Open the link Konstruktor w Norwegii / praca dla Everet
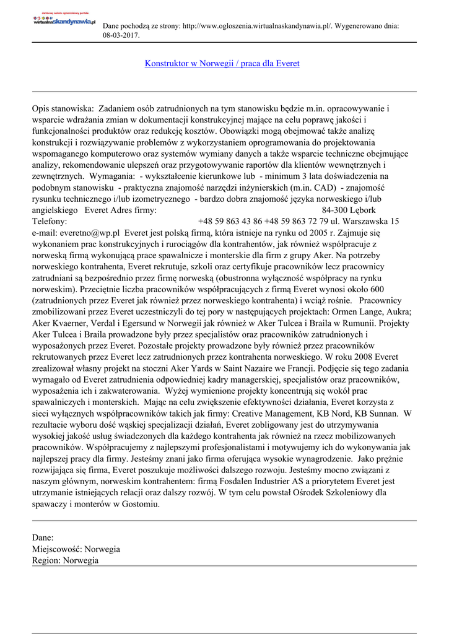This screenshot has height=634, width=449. point(222,63)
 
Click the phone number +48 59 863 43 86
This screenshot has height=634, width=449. point(230,220)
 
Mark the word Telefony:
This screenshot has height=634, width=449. point(53,220)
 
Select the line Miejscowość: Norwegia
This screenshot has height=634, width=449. point(76,549)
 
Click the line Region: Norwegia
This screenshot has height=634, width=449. point(65,560)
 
